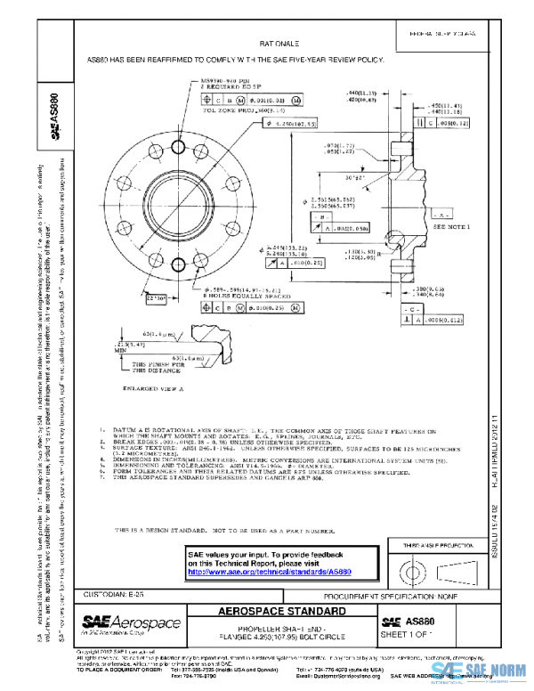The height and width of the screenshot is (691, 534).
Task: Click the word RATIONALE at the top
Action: click(x=279, y=43)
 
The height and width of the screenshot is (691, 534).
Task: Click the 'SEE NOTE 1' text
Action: click(x=449, y=227)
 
